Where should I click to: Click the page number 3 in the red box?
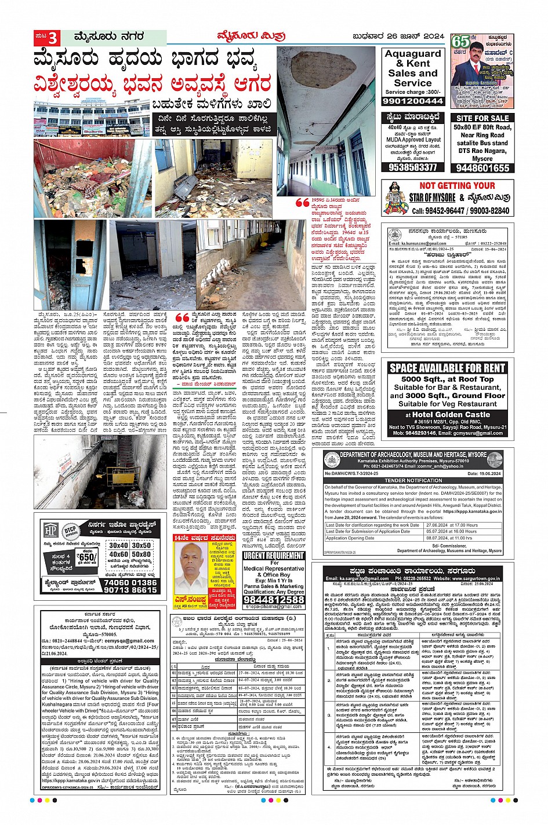point(53,38)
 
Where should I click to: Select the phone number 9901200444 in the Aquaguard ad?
point(413,101)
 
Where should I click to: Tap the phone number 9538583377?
point(413,167)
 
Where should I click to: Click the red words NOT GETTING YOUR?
point(457,186)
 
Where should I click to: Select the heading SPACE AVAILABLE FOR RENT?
point(447,368)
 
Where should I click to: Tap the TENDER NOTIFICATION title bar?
point(413,480)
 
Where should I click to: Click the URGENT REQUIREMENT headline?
point(274,556)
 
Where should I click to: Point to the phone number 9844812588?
point(274,600)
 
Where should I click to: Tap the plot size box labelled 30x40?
point(118,545)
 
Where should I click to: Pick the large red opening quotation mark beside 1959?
point(302,203)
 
